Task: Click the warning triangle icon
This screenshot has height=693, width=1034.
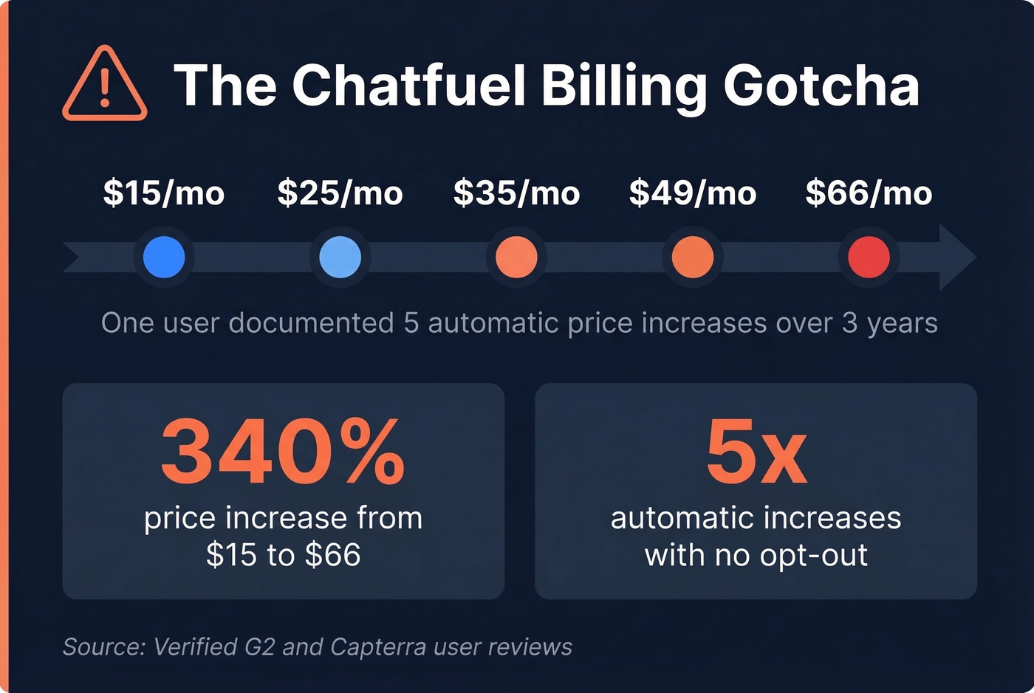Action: (104, 85)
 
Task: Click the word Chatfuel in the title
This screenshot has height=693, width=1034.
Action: (408, 85)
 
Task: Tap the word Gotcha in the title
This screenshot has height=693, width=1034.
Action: (821, 85)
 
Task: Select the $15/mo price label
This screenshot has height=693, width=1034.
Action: (164, 193)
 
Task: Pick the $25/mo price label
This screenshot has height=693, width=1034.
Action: (340, 193)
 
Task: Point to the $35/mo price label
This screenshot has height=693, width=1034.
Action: (516, 193)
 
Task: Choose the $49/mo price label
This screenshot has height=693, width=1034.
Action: (692, 193)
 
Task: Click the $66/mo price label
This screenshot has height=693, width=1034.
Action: (869, 193)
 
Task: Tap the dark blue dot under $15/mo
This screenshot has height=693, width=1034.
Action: (164, 257)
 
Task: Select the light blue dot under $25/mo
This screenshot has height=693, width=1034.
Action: (340, 257)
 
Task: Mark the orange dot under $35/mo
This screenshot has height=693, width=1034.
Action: (516, 257)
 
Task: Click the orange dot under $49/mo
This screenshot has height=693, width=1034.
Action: (692, 257)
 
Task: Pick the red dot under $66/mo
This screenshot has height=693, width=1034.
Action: (869, 257)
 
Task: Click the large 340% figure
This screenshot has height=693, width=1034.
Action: (283, 452)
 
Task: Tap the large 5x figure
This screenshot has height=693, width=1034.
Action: (756, 452)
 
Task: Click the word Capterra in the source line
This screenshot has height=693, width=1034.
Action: (377, 647)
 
